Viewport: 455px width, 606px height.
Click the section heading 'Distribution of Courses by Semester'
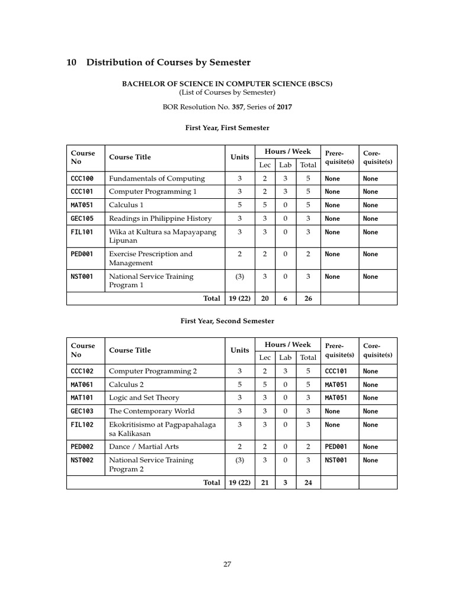click(169, 63)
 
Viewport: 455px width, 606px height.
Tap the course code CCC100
click(82, 178)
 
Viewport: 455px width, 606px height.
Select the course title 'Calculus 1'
click(126, 205)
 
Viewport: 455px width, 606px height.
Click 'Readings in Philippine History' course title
click(160, 218)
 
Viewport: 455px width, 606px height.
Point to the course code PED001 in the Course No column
click(82, 254)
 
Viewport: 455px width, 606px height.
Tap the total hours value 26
click(308, 299)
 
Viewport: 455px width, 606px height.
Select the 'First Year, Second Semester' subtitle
click(227, 321)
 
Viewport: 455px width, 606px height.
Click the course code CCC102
click(82, 371)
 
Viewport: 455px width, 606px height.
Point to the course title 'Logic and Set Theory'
click(144, 398)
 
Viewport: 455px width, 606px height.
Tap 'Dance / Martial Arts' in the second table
click(143, 446)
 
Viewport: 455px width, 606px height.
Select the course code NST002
click(82, 460)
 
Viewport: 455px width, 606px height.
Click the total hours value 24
click(308, 482)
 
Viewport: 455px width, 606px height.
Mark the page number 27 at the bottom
click(227, 564)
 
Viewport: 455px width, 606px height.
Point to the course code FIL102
click(82, 424)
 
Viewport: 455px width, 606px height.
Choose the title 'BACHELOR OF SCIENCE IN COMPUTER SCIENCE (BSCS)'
click(227, 83)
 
